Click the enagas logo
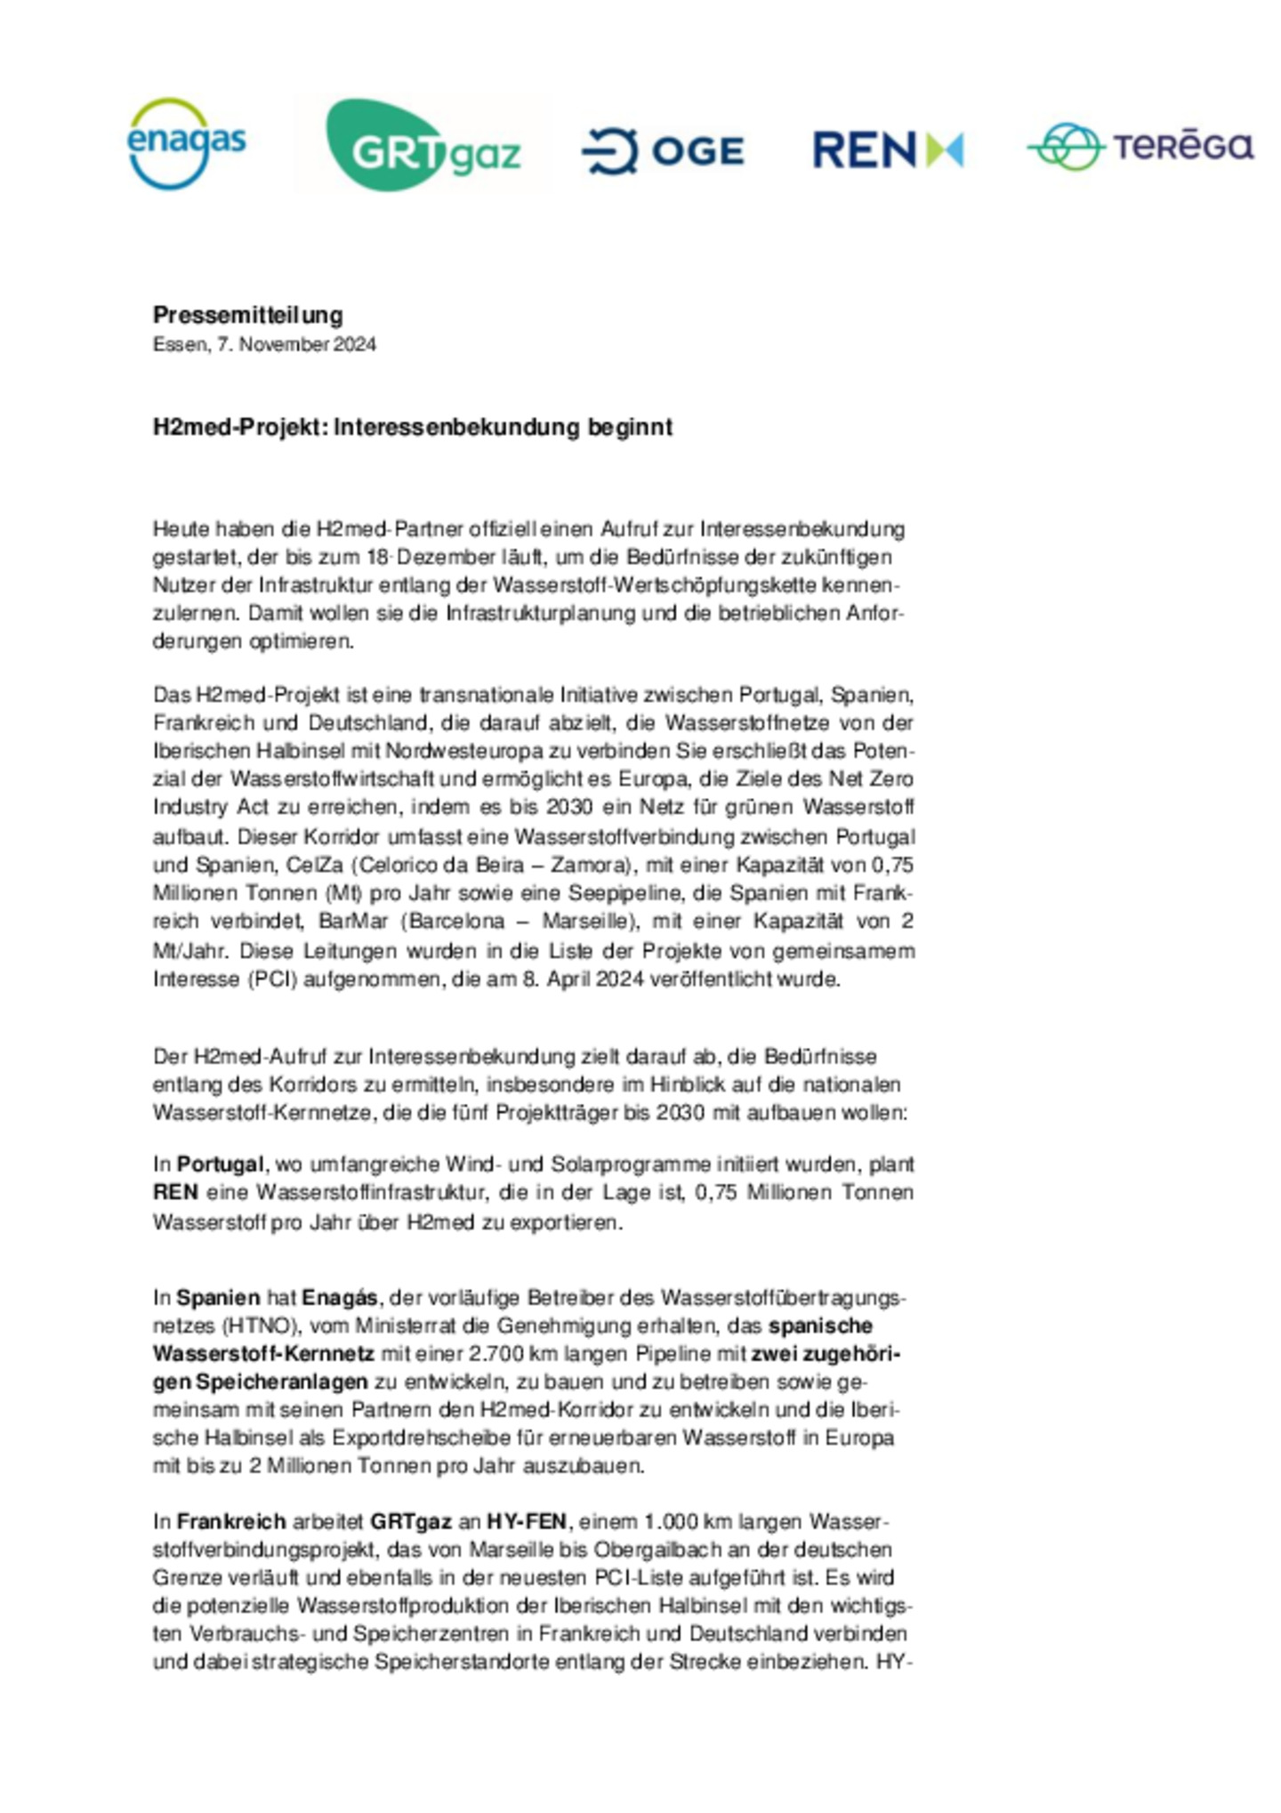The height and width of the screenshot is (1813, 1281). (186, 143)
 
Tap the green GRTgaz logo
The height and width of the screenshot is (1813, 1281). (423, 145)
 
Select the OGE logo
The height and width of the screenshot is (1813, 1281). (663, 150)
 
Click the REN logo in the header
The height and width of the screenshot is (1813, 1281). (887, 149)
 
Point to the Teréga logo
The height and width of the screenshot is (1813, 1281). (1140, 146)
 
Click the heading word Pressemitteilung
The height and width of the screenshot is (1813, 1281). (247, 315)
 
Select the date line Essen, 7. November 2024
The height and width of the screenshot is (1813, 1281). (264, 344)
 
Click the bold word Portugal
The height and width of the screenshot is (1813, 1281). (220, 1164)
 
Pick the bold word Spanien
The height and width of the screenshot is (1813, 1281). (218, 1298)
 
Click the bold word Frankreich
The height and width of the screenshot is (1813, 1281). (231, 1522)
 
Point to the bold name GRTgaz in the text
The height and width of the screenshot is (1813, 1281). (411, 1522)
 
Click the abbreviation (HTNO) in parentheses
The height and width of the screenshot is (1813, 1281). (258, 1326)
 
